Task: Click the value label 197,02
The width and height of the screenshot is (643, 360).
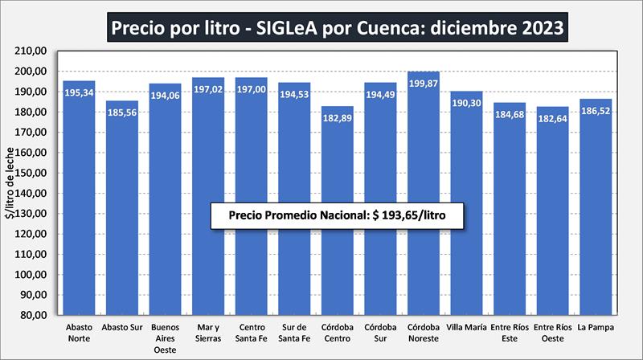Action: coord(208,90)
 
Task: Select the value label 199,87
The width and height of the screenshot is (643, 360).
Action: coord(424,84)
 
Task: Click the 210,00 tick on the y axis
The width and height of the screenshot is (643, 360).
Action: coord(33,51)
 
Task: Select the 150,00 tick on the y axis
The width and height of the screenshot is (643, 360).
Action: coord(33,173)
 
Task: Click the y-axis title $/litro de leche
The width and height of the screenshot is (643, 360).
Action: coord(10,183)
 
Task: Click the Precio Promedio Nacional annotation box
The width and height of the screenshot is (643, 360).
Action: coord(337,216)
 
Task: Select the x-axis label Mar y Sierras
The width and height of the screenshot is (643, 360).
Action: coord(208,333)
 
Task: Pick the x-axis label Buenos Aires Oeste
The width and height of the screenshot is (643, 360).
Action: coord(166,338)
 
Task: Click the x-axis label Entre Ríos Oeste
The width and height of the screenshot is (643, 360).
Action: coord(552,333)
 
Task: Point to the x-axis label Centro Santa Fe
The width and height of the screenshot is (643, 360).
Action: coord(251,333)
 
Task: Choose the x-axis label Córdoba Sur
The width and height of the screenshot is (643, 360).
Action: coord(380,333)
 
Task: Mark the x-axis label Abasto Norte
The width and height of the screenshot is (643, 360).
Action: coord(79,333)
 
